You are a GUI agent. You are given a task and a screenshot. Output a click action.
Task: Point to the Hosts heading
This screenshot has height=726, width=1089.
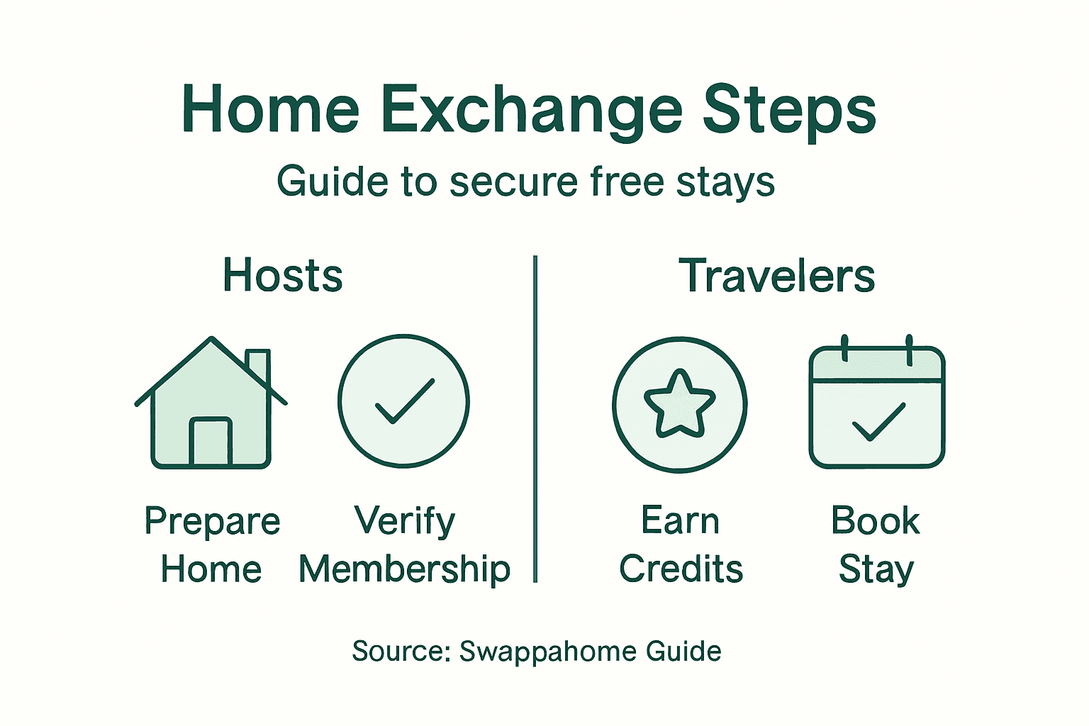(x=282, y=275)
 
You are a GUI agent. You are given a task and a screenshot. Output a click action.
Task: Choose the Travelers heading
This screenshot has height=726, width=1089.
(x=777, y=275)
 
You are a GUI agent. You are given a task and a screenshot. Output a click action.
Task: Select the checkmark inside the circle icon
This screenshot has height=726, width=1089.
(x=404, y=401)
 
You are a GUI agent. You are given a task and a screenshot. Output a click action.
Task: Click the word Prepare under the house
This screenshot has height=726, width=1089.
(x=212, y=522)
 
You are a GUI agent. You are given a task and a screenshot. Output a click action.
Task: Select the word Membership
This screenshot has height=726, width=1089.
(x=404, y=570)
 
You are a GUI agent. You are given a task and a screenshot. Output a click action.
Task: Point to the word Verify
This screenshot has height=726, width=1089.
(x=404, y=522)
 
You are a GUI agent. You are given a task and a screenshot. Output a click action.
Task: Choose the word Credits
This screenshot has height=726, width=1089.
(x=681, y=569)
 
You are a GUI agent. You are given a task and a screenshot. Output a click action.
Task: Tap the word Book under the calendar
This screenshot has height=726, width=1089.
(x=875, y=521)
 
